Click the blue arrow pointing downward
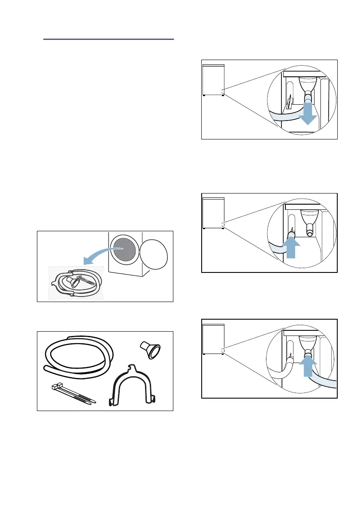pos(307,115)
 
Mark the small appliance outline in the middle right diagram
pos(213,213)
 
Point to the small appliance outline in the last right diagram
pos(213,339)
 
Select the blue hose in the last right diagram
pos(326,377)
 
